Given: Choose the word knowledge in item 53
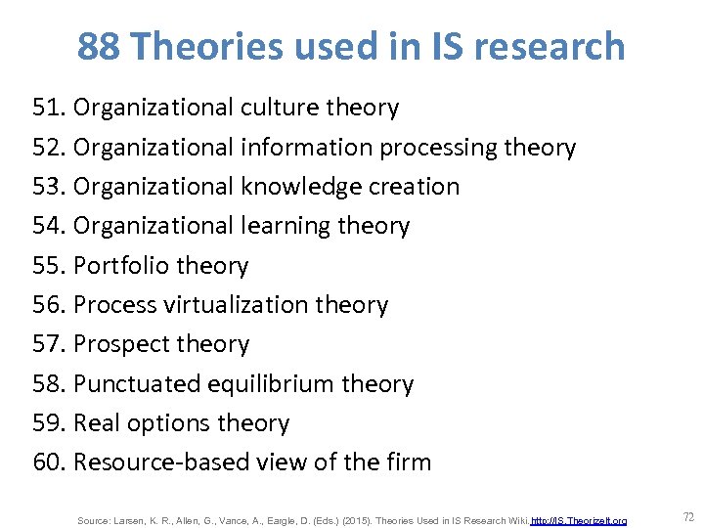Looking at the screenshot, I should (x=303, y=186).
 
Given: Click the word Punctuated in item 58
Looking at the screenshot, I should (x=137, y=383).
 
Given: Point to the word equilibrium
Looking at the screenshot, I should (x=270, y=383).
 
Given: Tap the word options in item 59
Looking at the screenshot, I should (x=169, y=422).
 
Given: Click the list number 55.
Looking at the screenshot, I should (x=49, y=265).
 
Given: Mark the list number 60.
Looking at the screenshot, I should (x=49, y=462).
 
